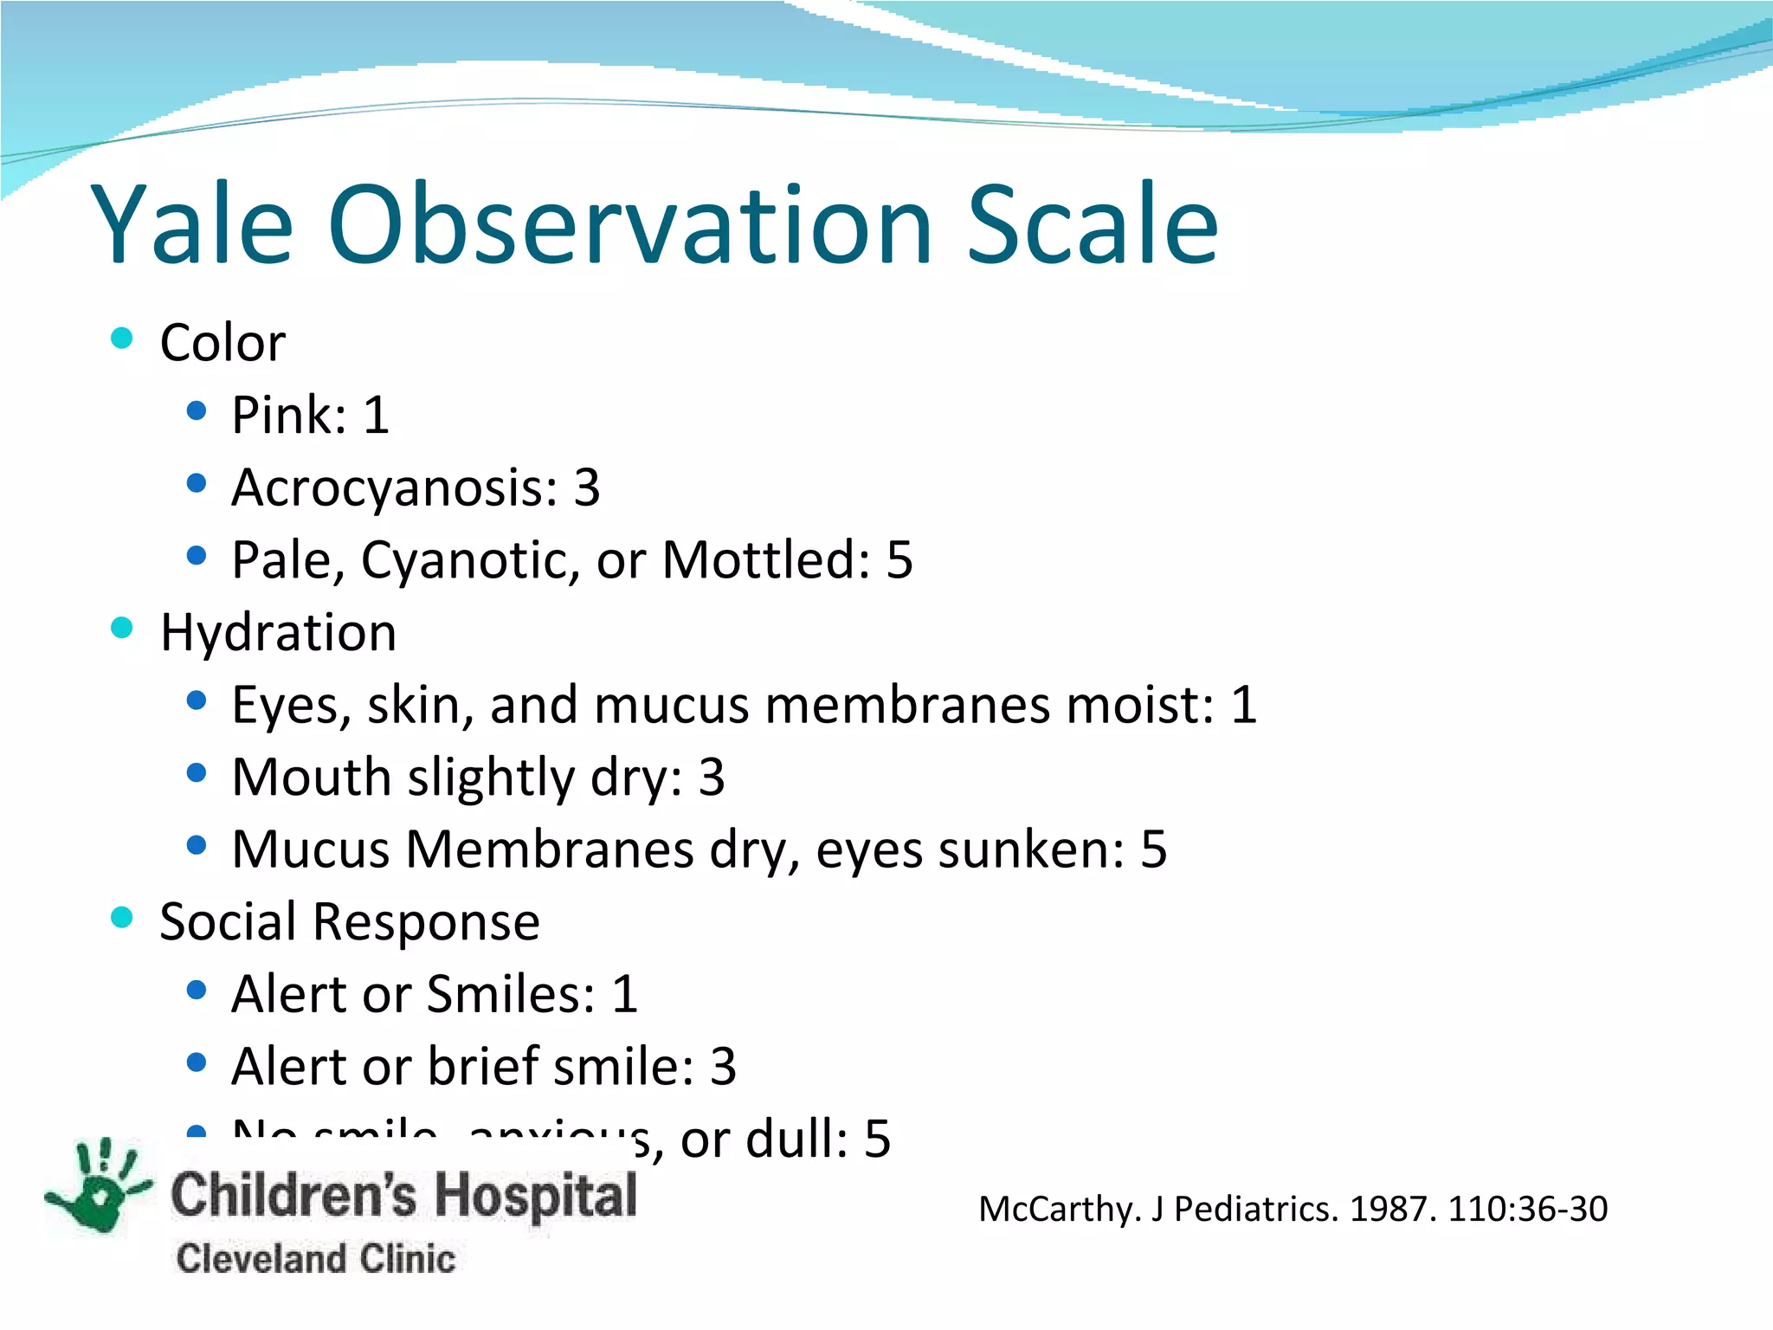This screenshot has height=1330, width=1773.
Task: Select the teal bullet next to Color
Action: pyautogui.click(x=122, y=338)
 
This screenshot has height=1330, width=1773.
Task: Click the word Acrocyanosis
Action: pyautogui.click(x=395, y=488)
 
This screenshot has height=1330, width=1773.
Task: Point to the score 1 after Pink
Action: pyautogui.click(x=376, y=416)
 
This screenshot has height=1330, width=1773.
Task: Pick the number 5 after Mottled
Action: pyautogui.click(x=899, y=560)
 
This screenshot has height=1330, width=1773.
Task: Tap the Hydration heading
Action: pyautogui.click(x=278, y=632)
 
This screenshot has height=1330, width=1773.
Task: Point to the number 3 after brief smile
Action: pyautogui.click(x=723, y=1067)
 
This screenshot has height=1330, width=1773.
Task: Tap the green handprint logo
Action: pyautogui.click(x=100, y=1186)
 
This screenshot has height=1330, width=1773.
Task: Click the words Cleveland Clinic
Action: pyautogui.click(x=315, y=1258)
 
